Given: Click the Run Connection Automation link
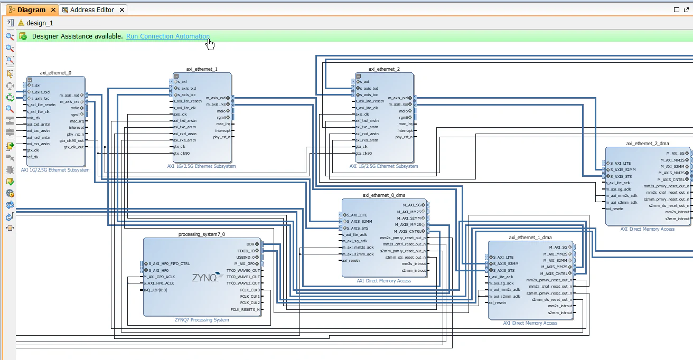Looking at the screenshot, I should coord(167,36).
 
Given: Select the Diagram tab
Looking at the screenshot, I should coord(31,10).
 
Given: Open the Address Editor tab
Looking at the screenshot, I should coord(92,10).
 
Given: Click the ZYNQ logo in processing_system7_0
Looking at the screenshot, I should coord(204,277).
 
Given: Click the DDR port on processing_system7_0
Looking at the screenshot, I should coord(251,244).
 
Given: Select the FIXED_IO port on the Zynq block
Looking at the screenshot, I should coord(247,251).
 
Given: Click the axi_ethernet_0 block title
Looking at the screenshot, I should coord(55,73).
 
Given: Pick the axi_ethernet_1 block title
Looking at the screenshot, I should coord(202,69).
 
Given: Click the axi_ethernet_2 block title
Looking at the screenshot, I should coord(384,69).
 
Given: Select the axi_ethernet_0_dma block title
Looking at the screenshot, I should coord(384,195).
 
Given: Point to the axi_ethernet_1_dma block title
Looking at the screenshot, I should coord(530,238).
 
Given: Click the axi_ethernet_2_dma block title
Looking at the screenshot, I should coord(648,143).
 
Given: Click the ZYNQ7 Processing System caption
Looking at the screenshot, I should coord(202,320).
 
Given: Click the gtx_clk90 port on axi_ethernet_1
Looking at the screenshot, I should coord(182,154).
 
